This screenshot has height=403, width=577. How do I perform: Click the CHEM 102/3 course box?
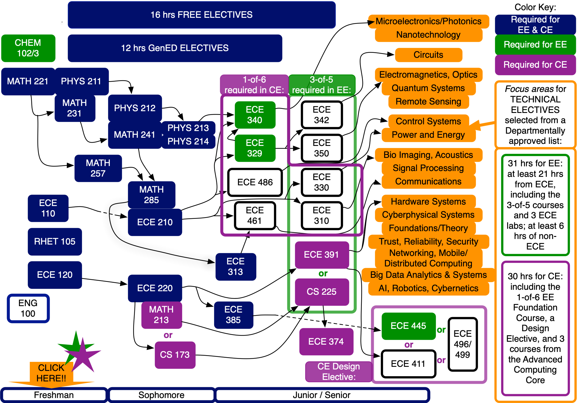coord(28,48)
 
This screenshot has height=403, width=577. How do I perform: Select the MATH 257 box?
coord(98,168)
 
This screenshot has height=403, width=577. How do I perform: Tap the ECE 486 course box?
coord(255,182)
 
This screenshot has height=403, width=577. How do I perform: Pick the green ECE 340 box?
coord(255,115)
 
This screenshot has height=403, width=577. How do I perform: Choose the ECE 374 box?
coord(326,341)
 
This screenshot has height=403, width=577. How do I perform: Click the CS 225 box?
coord(321,292)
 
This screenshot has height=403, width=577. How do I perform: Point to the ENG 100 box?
coord(28,308)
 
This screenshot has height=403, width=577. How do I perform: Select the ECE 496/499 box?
coord(463,344)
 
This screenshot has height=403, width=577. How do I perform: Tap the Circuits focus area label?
coord(428,55)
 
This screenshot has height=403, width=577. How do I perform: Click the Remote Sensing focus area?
coord(428,102)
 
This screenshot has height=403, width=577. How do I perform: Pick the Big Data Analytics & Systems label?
coord(428,275)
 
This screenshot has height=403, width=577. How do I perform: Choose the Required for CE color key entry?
coord(535,65)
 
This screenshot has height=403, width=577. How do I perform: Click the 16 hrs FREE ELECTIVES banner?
coord(201,15)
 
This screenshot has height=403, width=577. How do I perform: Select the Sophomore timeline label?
coord(161,395)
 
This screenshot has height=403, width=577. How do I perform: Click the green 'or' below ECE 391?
coord(323,274)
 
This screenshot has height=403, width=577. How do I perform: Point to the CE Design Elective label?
coord(338,371)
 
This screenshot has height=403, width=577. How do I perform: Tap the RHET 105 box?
coord(55,242)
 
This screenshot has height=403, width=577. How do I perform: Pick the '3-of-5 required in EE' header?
coord(321,85)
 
